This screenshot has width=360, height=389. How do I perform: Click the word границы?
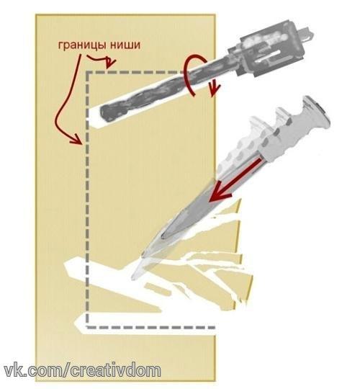pos(83,45)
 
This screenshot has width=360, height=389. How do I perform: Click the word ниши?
pos(125,45)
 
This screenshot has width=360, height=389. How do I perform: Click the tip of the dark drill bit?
pos(102,113)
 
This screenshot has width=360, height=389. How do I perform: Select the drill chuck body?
pos(269,50)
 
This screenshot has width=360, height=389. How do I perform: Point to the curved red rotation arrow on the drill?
pos(189,74)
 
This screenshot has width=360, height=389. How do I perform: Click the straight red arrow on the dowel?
pos(234,180)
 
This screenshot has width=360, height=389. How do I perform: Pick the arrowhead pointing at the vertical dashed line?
pos(77,140)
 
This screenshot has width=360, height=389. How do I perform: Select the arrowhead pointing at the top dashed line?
pos(109,64)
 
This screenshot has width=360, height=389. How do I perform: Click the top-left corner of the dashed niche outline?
pos(88,73)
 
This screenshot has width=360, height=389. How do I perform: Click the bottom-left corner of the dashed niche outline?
pos(87,327)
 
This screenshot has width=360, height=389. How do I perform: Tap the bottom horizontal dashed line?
pos(150,328)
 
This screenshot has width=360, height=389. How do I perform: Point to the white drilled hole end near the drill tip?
pos(94,118)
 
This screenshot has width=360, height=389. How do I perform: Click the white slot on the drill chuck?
pos(269,55)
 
